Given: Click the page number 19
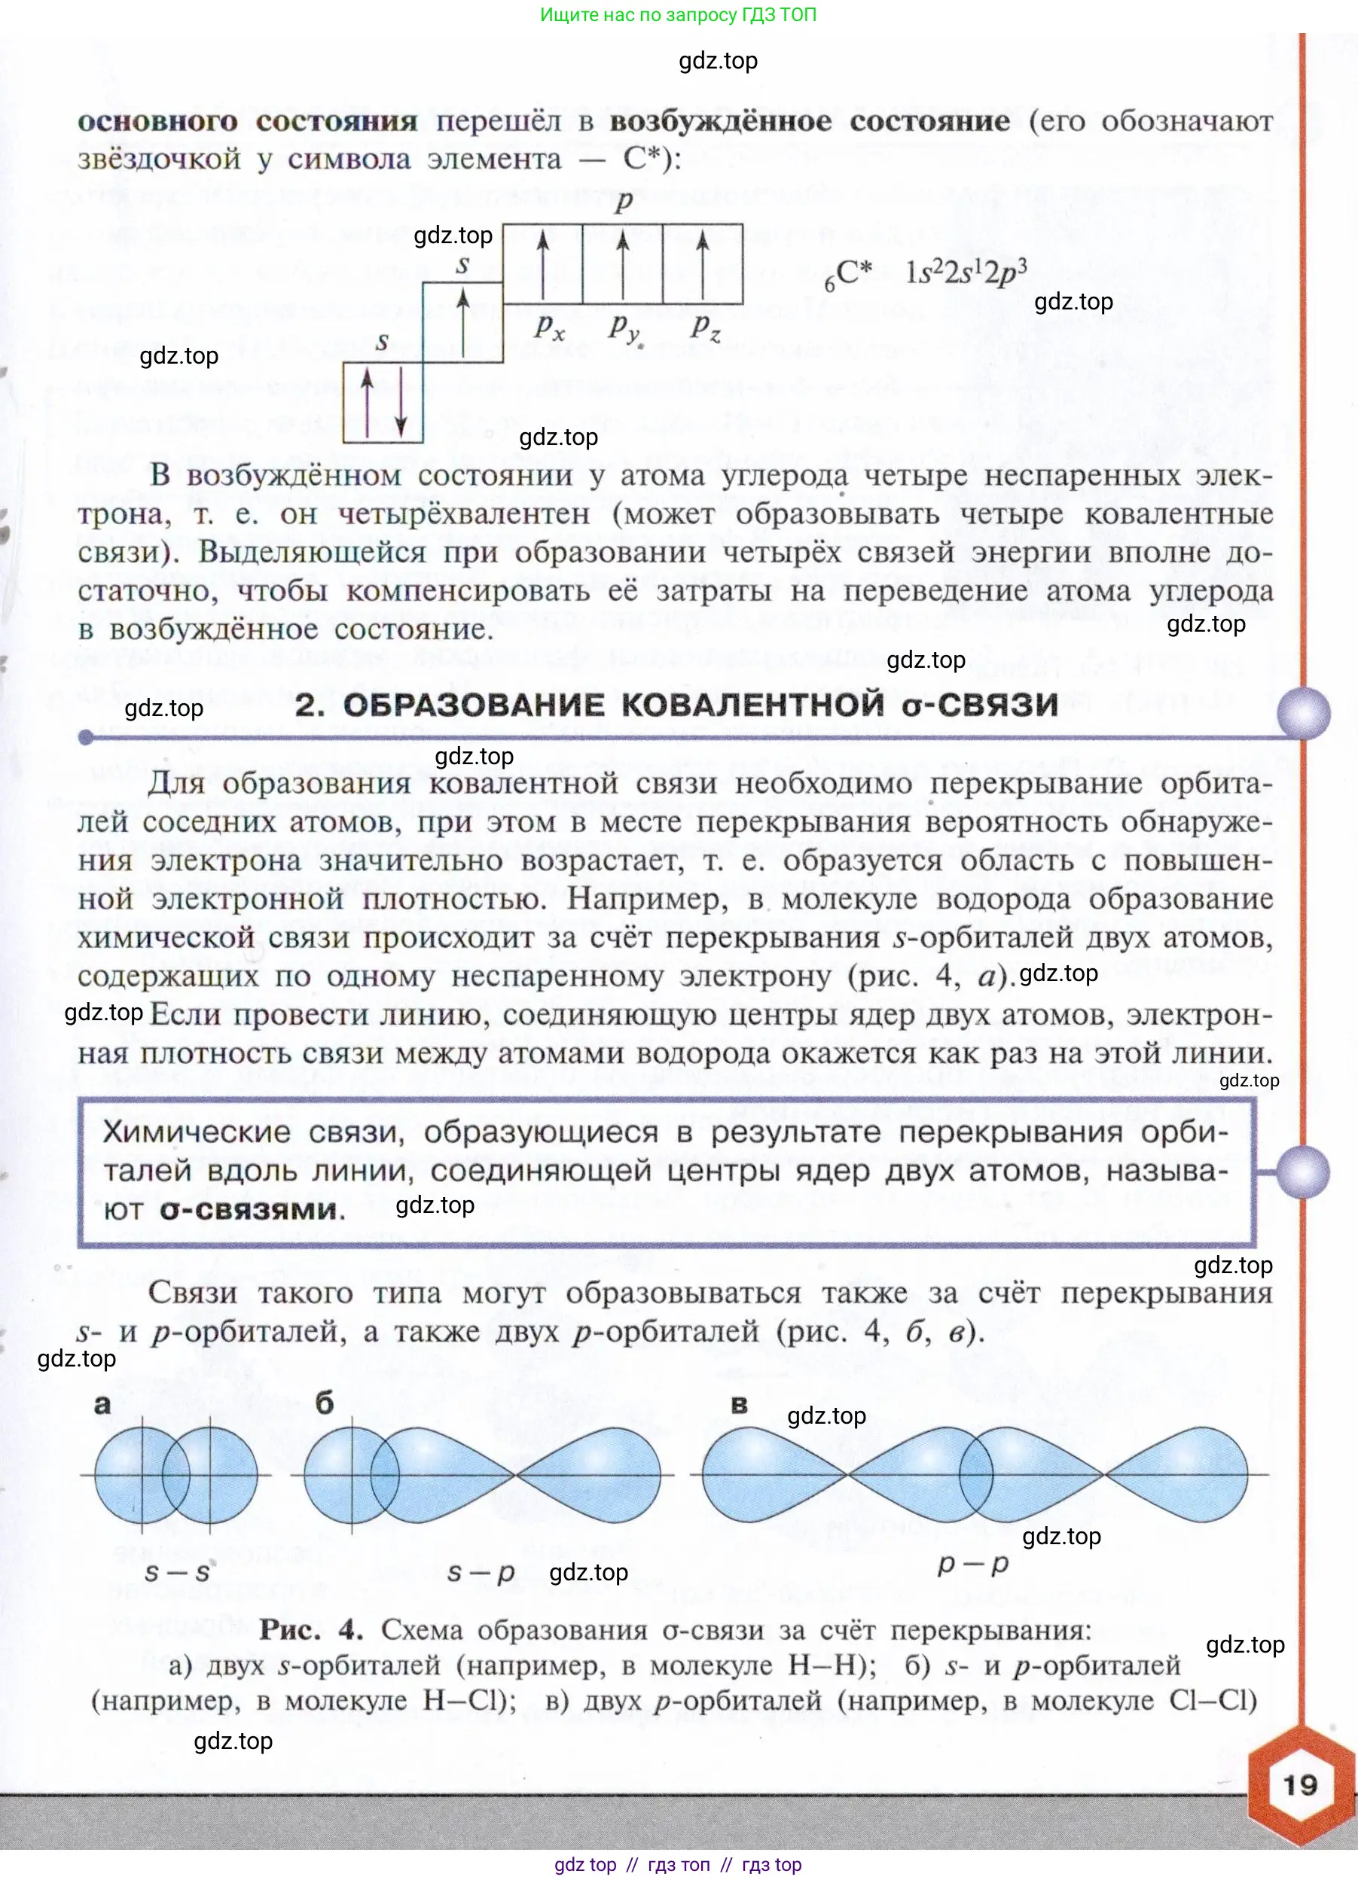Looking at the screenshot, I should tap(1300, 1785).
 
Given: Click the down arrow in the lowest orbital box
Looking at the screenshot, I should tap(401, 402).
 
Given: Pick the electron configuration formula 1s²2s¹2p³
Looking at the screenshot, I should tap(966, 273).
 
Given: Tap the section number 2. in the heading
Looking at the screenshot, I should tap(310, 705).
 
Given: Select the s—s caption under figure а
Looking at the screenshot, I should tap(177, 1571).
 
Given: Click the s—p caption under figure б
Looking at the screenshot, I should tap(481, 1571).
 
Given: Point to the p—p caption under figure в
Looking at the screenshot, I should tap(972, 1563).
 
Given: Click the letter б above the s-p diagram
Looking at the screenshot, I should tap(325, 1404).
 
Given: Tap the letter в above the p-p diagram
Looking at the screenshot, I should tap(739, 1405).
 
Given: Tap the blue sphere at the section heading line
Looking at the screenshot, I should tap(1303, 713).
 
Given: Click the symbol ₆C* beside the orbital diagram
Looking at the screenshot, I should tap(848, 274).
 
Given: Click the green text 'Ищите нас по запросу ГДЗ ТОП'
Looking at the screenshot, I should tap(679, 15).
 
